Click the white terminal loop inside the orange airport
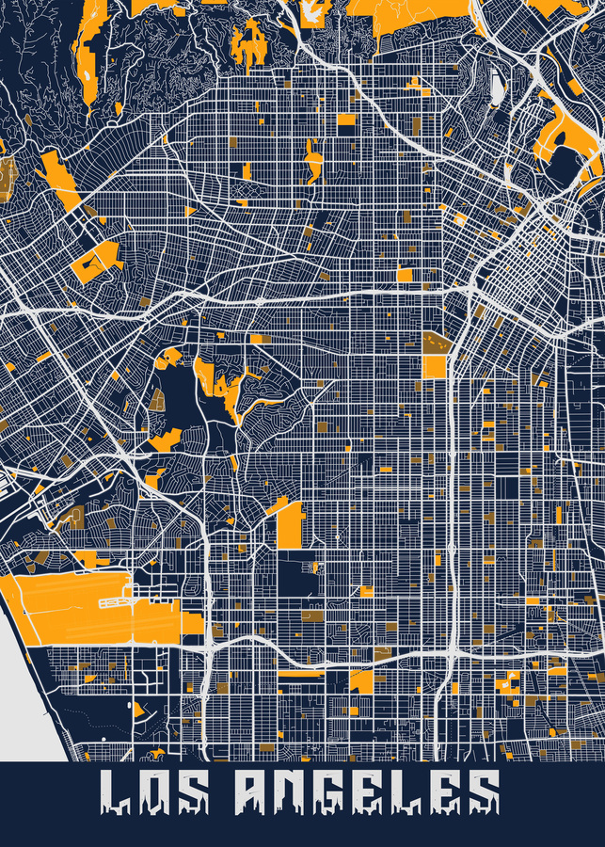[119, 599]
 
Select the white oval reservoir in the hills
[497, 87]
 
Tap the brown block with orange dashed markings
[434, 341]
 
